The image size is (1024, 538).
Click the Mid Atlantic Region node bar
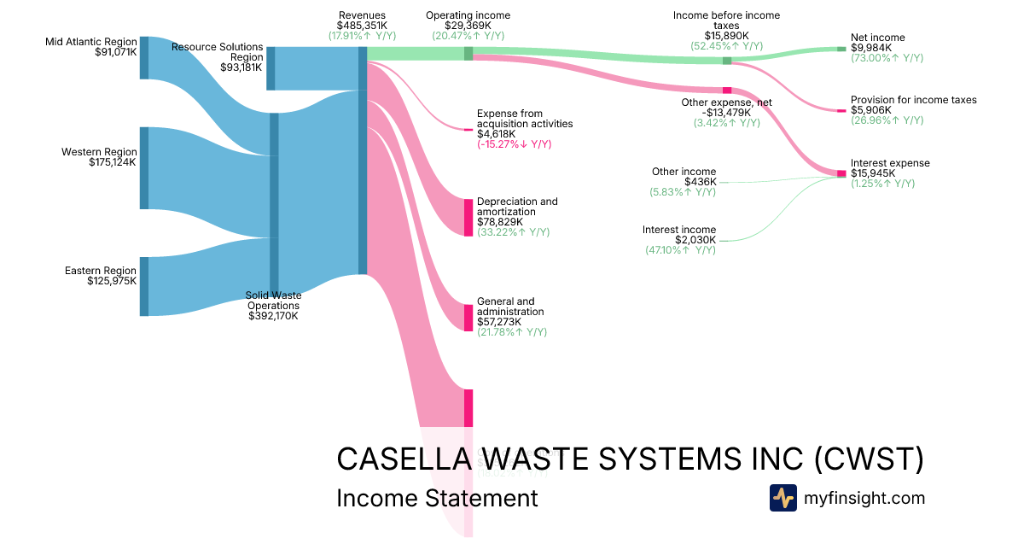point(144,58)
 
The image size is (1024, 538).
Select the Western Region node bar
point(144,168)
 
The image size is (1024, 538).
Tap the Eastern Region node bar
point(144,286)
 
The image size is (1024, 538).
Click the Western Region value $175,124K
point(113,162)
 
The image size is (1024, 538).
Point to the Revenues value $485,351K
point(362,26)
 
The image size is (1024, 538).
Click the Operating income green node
point(468,54)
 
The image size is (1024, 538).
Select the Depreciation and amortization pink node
point(468,217)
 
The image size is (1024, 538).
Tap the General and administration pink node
point(468,318)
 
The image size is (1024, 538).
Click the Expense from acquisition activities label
point(525,118)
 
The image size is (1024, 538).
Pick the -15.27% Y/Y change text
point(514,144)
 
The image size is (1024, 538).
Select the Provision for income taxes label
point(913,100)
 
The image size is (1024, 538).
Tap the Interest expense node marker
point(841,174)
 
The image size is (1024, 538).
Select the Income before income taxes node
point(727,61)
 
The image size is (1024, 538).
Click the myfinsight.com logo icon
point(783,498)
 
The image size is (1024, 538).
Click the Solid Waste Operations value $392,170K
point(273,316)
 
